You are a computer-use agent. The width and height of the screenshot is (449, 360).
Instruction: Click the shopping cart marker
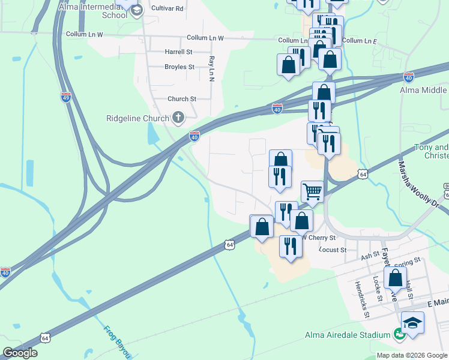(312, 192)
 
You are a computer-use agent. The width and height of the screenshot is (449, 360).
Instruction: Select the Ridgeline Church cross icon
(178, 118)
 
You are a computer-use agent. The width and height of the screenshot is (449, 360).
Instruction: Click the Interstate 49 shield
(66, 97)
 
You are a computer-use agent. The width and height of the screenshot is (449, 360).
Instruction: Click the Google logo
(20, 353)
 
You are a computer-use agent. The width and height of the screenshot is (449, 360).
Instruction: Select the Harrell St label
(178, 52)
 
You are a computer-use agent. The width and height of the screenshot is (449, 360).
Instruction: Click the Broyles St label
(179, 67)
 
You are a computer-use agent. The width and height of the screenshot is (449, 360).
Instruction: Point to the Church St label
(182, 99)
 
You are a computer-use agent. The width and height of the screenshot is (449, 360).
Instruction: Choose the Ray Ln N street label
(211, 68)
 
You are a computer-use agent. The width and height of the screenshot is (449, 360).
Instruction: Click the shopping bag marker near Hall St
(395, 279)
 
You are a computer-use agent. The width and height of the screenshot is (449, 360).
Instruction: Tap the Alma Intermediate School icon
(137, 10)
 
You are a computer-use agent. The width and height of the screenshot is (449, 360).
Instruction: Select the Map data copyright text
(412, 355)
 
